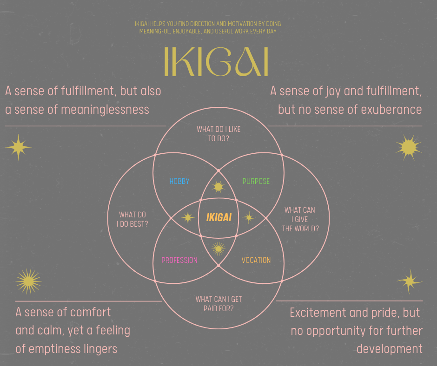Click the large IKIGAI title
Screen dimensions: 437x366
click(x=216, y=62)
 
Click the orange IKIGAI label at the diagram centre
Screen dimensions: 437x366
click(x=219, y=217)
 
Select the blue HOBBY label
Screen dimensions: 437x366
click(x=179, y=181)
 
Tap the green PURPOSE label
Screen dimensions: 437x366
click(x=256, y=181)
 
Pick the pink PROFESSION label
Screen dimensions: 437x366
click(x=179, y=260)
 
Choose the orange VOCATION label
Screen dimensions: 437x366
click(x=256, y=260)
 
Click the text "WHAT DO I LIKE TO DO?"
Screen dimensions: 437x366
click(x=218, y=134)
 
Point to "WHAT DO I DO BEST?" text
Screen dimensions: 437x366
click(x=132, y=219)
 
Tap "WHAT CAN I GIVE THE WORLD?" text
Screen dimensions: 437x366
click(x=300, y=219)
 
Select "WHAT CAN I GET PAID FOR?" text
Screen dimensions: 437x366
click(x=218, y=304)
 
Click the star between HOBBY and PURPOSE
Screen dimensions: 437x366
click(x=218, y=186)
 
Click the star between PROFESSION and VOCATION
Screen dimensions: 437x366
click(x=218, y=248)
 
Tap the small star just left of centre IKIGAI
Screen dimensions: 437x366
click(x=188, y=217)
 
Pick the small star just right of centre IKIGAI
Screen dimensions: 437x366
click(x=249, y=217)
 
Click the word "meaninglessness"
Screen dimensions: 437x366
click(x=105, y=110)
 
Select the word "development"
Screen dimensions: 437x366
click(x=389, y=349)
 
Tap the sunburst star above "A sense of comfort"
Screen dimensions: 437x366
click(x=28, y=281)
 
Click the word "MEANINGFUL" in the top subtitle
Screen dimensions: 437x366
click(x=155, y=31)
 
